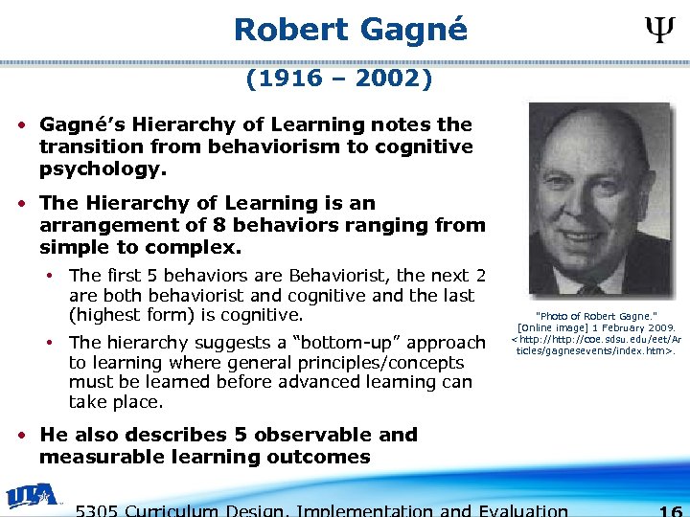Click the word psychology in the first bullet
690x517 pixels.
pos(101,169)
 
